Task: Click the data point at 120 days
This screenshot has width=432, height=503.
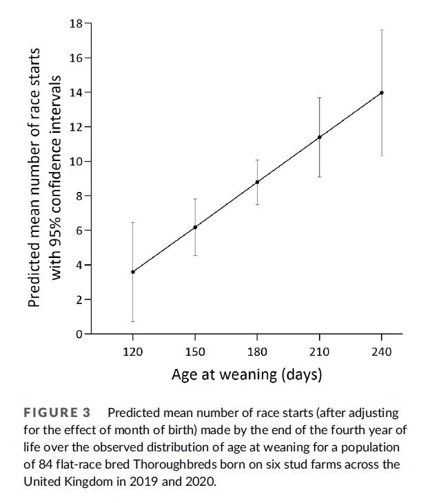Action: click(133, 272)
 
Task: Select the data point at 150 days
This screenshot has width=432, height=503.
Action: click(195, 227)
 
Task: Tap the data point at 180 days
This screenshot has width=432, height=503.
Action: click(257, 182)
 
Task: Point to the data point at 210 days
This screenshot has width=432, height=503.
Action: click(319, 137)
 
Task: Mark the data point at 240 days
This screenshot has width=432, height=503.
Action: click(382, 92)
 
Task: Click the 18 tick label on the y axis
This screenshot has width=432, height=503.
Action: click(75, 24)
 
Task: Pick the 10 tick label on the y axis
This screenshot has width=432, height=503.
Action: click(75, 162)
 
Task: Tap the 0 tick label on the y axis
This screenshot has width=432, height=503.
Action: click(79, 334)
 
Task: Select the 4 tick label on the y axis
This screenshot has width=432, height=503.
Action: click(79, 266)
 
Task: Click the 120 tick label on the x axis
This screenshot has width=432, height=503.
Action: click(133, 352)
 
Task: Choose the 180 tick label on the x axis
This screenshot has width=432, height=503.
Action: click(257, 352)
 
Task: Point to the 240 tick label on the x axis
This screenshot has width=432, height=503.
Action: click(382, 352)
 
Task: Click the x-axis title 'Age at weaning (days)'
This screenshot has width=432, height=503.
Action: click(247, 375)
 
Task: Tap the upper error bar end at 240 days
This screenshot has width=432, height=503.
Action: click(382, 30)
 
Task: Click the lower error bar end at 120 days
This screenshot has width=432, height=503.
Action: click(133, 321)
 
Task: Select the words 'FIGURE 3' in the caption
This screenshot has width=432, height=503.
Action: click(57, 413)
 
